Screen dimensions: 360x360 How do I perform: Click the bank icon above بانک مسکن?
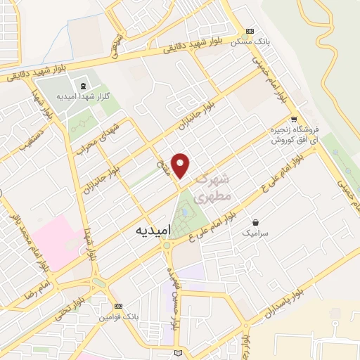250,32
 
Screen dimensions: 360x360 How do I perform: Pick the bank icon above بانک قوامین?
119,306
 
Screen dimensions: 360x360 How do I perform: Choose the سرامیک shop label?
256,232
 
